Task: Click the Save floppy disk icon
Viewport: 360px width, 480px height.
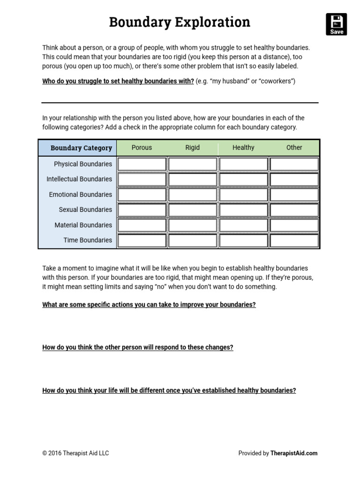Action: [336, 24]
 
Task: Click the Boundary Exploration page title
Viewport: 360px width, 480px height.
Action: [180, 22]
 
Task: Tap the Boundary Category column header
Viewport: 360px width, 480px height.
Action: [81, 148]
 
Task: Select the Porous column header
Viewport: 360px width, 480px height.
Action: [142, 147]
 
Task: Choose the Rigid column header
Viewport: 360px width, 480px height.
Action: [192, 147]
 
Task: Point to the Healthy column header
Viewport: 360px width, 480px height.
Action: [243, 147]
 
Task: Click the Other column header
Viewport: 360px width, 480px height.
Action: [294, 147]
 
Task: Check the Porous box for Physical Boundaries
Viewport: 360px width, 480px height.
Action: [142, 164]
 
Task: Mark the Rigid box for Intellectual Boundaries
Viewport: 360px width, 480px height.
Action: [193, 179]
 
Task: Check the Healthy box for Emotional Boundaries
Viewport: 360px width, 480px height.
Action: [243, 195]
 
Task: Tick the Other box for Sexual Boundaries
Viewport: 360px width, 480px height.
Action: [294, 210]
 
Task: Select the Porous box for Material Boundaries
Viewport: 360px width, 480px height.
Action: [142, 225]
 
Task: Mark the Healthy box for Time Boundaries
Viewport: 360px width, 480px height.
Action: [243, 240]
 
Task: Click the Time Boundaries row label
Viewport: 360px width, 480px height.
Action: [88, 240]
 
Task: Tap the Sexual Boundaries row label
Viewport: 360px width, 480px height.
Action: [85, 210]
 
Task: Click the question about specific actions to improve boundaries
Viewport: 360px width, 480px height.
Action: [149, 305]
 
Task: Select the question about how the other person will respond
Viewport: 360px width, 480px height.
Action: [138, 347]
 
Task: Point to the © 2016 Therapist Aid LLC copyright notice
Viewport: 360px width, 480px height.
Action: [75, 453]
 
